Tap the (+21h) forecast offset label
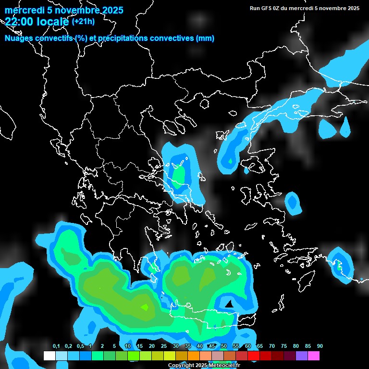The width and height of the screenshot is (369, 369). click(x=83, y=21)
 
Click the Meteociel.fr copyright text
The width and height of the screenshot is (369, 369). click(x=203, y=366)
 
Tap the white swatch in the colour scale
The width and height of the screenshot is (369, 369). click(x=49, y=356)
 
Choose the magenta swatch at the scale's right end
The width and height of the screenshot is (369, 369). click(x=314, y=356)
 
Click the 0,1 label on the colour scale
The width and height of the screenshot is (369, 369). click(x=56, y=346)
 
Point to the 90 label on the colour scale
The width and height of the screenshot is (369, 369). click(x=320, y=346)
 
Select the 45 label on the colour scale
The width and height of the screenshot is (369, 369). click(x=212, y=346)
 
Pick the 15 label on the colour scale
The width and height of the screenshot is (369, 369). click(x=140, y=346)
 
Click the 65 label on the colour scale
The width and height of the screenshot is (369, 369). click(x=260, y=346)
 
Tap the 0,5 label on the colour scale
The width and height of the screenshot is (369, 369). click(x=80, y=346)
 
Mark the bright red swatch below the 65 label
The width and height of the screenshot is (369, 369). click(x=254, y=356)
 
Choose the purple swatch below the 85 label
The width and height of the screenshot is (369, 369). click(x=302, y=356)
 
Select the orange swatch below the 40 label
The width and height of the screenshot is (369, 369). click(x=194, y=356)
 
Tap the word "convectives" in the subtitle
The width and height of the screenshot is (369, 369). click(x=171, y=38)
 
